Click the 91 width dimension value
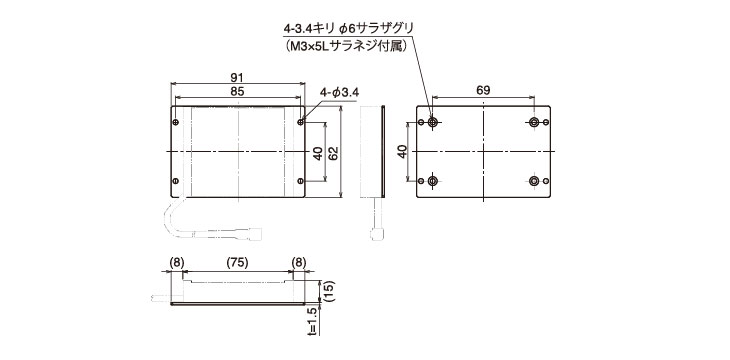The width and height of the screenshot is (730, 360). point(237,77)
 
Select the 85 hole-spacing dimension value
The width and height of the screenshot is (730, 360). point(237,91)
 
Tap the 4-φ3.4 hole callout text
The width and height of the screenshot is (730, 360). point(339,93)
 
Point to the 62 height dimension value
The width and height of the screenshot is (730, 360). point(333,152)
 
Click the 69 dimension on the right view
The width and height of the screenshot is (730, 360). point(483,90)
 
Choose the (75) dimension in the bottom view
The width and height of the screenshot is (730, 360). point(237,263)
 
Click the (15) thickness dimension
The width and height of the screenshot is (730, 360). point(329,292)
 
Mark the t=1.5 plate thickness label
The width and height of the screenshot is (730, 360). point(312,321)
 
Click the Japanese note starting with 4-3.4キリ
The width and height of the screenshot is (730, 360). point(348,29)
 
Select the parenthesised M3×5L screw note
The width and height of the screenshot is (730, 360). point(345,46)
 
